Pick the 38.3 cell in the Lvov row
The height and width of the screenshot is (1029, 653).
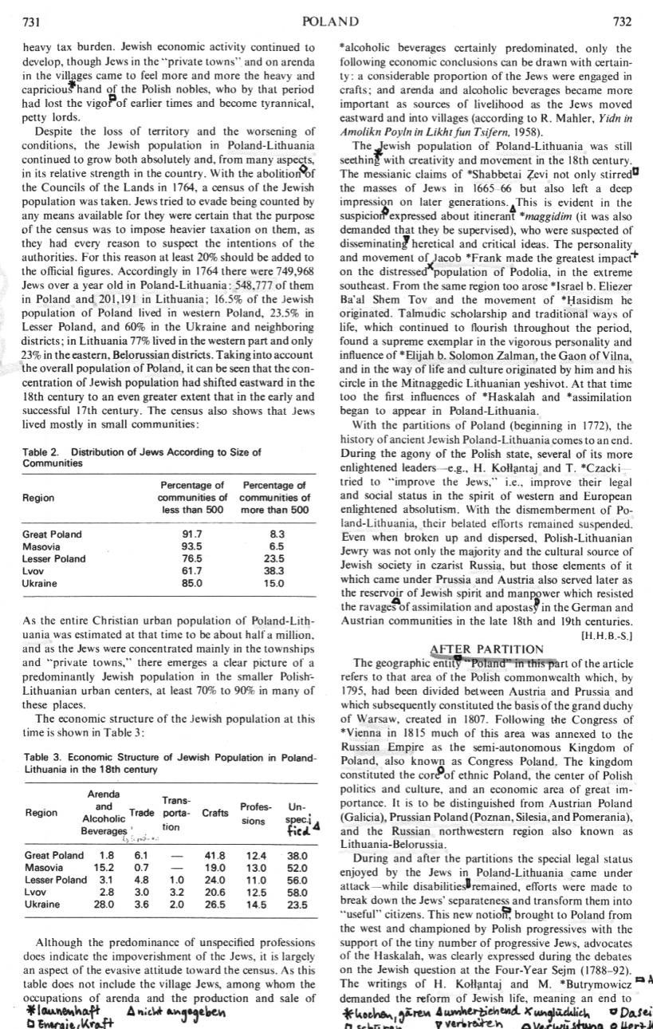coord(273,572)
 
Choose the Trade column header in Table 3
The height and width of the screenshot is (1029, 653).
coord(142,813)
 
